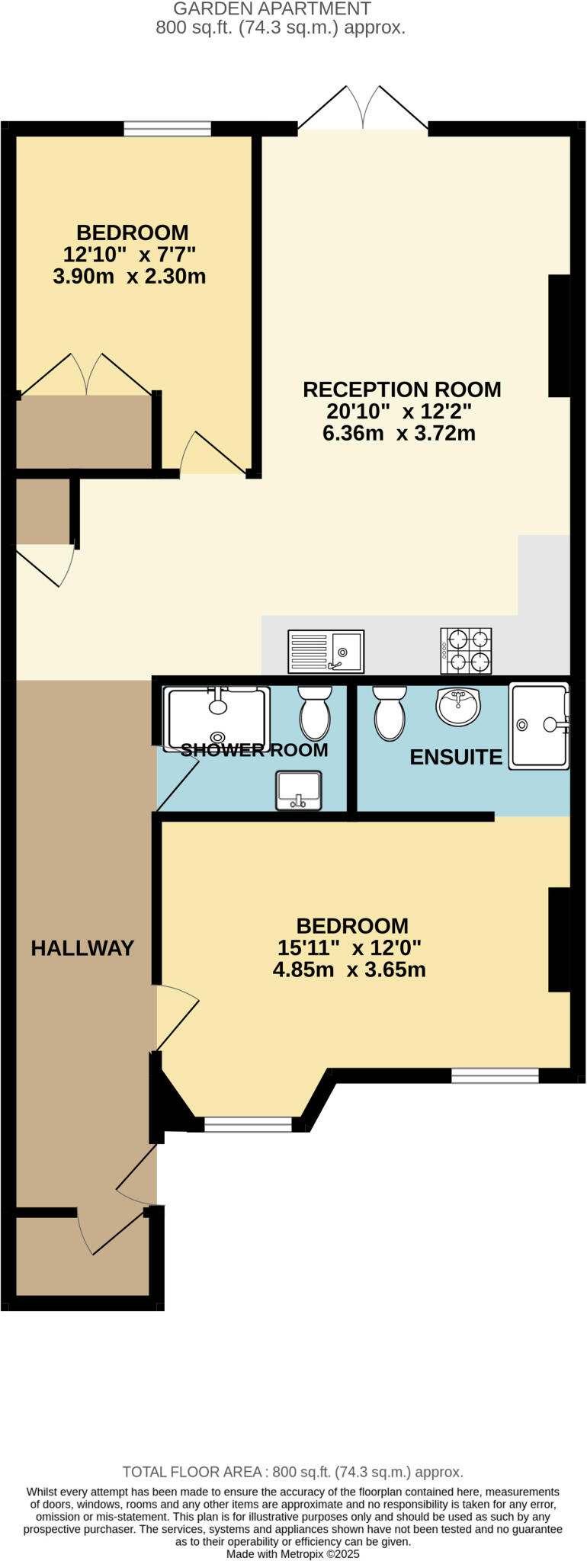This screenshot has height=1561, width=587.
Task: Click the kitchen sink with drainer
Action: pos(326,652)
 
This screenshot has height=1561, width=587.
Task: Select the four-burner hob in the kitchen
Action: pos(466,651)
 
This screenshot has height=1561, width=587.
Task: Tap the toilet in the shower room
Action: pos(315,712)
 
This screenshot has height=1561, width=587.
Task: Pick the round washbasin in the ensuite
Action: pos(457,706)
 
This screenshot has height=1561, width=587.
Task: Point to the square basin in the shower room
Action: pos(299,790)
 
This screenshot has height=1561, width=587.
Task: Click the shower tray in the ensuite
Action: pos(540,725)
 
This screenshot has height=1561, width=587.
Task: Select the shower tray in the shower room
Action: pos(218,717)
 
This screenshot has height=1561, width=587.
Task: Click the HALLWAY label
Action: pos(82,948)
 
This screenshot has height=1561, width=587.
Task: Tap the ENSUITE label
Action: pos(456,757)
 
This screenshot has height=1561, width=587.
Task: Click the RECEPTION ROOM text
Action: pos(402,389)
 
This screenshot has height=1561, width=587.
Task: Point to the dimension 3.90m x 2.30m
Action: pos(130,277)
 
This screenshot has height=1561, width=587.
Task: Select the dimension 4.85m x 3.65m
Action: pos(349,970)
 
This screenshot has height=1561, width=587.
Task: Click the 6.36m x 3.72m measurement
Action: pos(399,434)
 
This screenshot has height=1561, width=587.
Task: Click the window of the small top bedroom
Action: pos(168,129)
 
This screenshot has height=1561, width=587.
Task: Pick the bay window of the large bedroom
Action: pos(249,1124)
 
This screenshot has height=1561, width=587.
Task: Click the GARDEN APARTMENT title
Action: pos(272,9)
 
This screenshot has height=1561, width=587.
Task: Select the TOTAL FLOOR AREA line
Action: pos(293,1472)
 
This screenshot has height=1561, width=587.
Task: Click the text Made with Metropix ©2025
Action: pos(293,1553)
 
